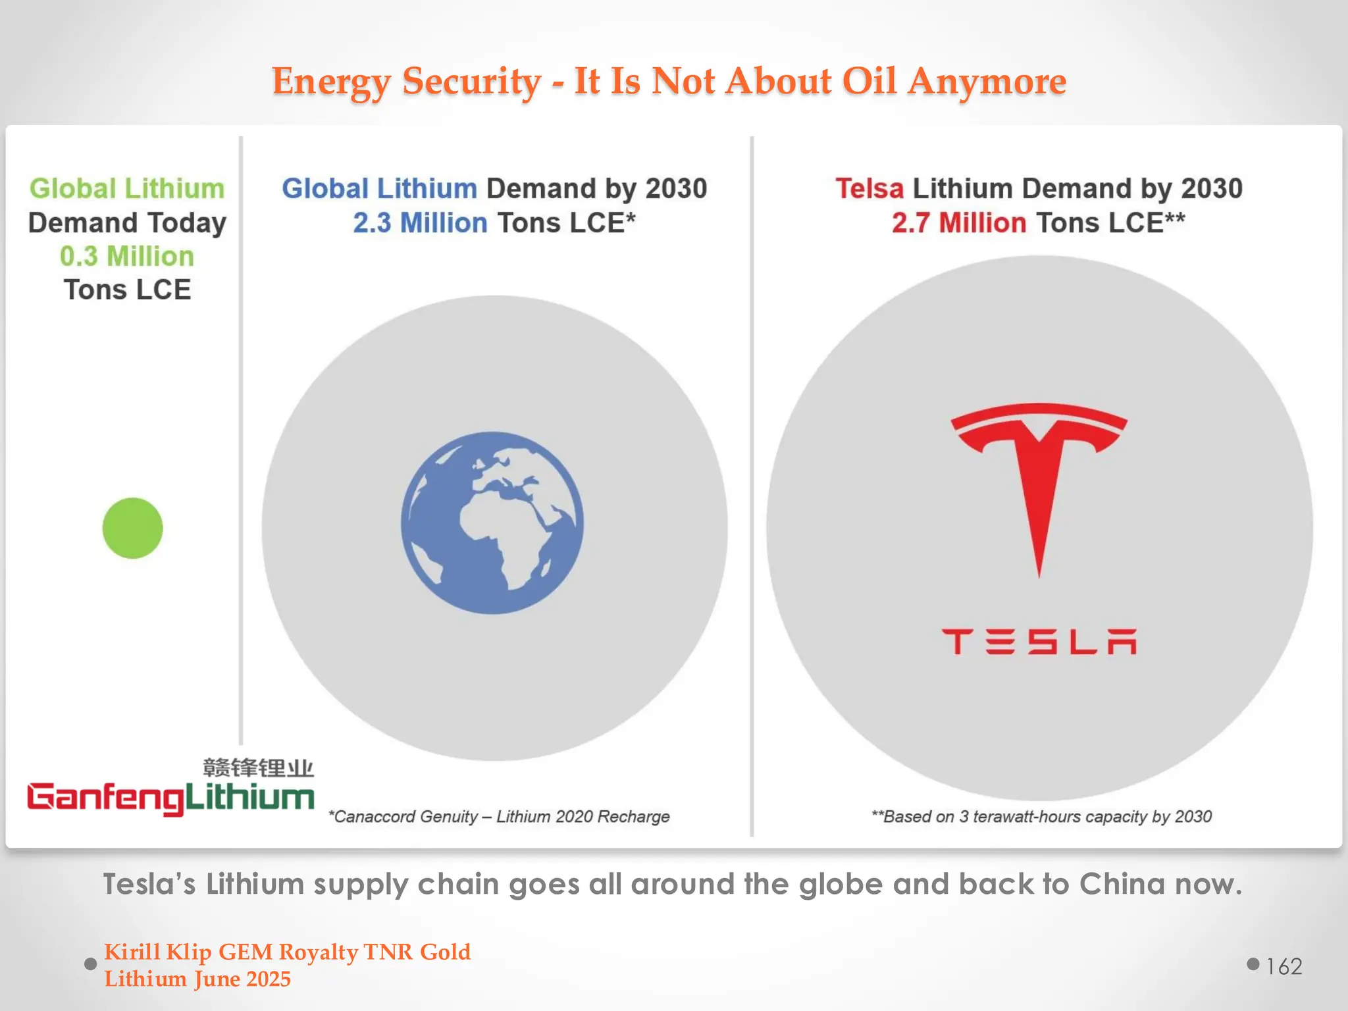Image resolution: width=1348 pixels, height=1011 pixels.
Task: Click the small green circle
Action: pyautogui.click(x=132, y=528)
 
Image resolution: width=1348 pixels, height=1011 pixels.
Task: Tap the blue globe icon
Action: pyautogui.click(x=492, y=523)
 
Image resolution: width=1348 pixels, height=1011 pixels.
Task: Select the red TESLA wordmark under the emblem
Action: pyautogui.click(x=1039, y=642)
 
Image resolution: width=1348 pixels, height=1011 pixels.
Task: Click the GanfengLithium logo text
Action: pyautogui.click(x=170, y=798)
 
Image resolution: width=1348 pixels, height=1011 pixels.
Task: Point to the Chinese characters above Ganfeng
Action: pyautogui.click(x=258, y=767)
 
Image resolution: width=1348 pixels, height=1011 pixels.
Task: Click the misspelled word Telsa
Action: pyautogui.click(x=869, y=189)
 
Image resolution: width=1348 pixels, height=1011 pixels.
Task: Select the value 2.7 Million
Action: pyautogui.click(x=958, y=223)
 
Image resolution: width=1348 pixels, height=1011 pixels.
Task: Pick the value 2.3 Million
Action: pyautogui.click(x=420, y=223)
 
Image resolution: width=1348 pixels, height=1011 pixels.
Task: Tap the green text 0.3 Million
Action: pyautogui.click(x=127, y=256)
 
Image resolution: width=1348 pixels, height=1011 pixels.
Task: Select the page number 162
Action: pyautogui.click(x=1284, y=966)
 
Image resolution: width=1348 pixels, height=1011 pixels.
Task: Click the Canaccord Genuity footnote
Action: pyautogui.click(x=499, y=817)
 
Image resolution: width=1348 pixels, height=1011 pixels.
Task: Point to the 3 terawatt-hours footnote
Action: pyautogui.click(x=1041, y=817)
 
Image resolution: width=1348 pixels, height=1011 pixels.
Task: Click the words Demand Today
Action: pyautogui.click(x=127, y=222)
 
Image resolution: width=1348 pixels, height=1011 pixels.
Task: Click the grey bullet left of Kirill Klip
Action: pyautogui.click(x=91, y=964)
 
